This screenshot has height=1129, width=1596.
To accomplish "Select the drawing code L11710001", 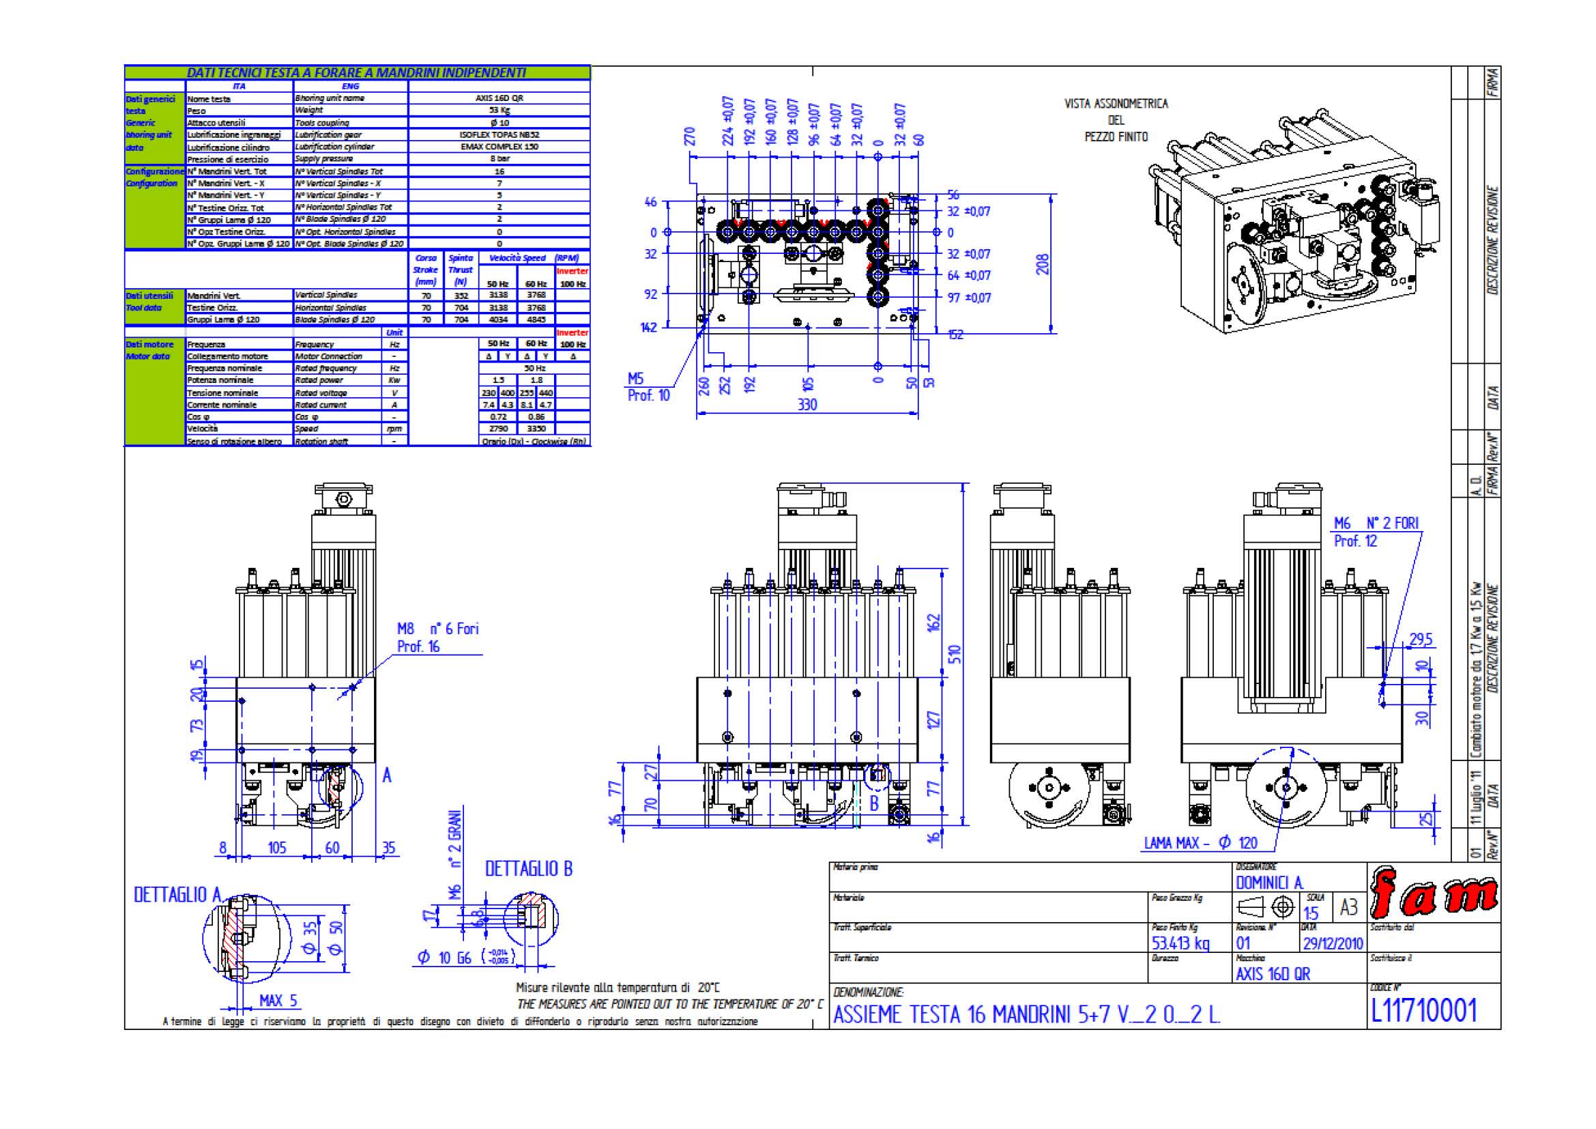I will (1423, 1010).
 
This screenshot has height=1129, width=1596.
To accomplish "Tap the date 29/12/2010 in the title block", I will (1333, 943).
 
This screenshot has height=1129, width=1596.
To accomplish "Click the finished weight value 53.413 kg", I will (1180, 943).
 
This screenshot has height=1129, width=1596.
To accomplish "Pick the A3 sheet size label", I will (1348, 907).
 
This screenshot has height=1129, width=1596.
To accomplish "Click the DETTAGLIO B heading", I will (528, 868).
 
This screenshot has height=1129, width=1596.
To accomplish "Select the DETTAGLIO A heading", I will (177, 895).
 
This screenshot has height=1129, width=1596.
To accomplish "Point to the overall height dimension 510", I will (956, 653).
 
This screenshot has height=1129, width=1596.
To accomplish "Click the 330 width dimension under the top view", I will (807, 405).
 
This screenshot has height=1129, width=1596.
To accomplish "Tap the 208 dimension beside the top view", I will (1042, 263).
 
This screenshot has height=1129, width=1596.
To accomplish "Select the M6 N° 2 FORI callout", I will (1376, 523).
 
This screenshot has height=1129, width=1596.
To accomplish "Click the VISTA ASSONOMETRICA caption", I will (1116, 104).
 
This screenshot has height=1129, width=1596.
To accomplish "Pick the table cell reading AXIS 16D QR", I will (499, 98).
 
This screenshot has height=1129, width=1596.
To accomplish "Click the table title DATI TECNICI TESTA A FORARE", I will (356, 72).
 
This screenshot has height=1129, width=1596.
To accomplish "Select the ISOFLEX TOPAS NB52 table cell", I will (499, 135).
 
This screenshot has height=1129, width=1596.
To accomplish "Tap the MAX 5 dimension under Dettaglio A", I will (278, 1001).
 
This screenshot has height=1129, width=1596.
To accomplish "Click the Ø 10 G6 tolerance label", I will (445, 958).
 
